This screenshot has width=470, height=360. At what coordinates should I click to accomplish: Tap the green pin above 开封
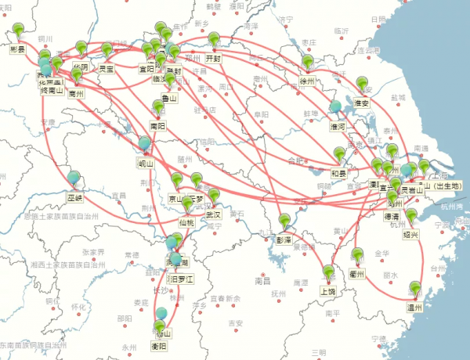[x=214, y=38]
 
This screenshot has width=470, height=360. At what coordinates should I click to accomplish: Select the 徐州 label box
[x=306, y=80]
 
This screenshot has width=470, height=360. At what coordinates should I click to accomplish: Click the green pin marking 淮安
[x=361, y=84]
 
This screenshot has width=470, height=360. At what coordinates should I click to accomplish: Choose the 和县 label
[x=338, y=173]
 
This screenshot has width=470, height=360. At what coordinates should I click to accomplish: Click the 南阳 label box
[x=157, y=125]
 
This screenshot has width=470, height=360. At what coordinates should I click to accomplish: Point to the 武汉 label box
[x=213, y=214]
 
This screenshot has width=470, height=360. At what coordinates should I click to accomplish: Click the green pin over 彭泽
[x=284, y=220]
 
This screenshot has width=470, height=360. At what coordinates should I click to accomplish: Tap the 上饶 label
[x=327, y=291]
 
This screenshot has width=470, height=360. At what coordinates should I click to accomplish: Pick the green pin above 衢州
[x=358, y=255]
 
